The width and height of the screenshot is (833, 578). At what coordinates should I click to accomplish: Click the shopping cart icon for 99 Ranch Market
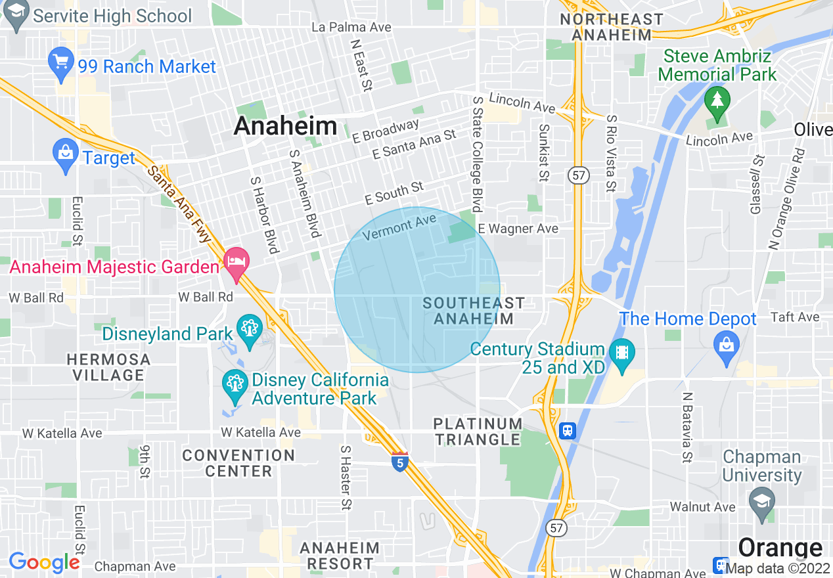(60, 64)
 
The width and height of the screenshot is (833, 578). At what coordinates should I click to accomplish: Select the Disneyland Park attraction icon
(250, 330)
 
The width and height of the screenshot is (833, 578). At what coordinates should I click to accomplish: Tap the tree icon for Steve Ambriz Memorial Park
(717, 102)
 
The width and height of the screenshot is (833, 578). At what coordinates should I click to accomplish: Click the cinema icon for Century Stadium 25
(621, 353)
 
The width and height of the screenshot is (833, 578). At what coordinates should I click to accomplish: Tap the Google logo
(44, 562)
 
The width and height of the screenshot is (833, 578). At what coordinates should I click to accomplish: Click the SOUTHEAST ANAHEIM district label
(473, 311)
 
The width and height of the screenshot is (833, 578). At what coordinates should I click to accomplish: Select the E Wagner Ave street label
(518, 229)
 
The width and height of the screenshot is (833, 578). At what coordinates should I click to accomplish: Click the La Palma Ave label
(351, 27)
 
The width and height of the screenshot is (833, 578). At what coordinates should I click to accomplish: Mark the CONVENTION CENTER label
(238, 462)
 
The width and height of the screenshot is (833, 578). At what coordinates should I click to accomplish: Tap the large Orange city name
(780, 548)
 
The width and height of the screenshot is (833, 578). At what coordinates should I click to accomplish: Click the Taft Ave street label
(795, 317)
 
